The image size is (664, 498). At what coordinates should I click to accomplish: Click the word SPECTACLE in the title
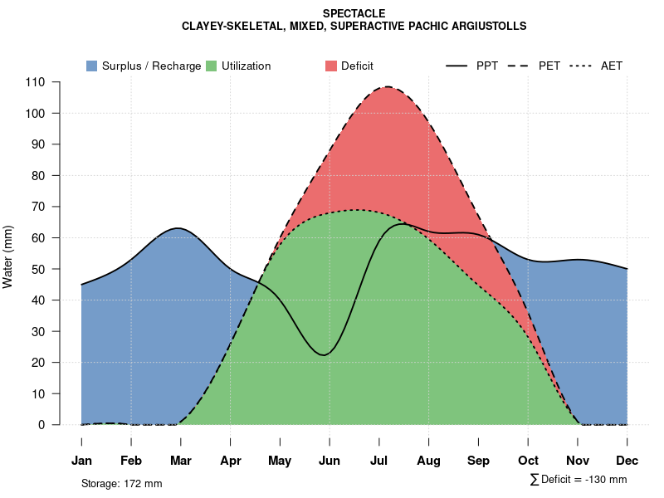[x=354, y=13]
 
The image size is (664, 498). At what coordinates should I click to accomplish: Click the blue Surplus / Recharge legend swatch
[x=91, y=66]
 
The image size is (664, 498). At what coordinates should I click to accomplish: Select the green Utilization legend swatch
[x=211, y=66]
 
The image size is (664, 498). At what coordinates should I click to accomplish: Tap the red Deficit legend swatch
[x=330, y=66]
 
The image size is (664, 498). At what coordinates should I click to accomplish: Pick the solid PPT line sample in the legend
[x=456, y=66]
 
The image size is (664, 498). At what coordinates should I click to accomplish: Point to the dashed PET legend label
[x=549, y=66]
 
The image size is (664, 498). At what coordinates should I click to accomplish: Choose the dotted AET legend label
[x=612, y=66]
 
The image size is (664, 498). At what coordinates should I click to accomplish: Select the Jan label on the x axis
[x=81, y=461]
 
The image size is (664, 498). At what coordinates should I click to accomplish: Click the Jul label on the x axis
[x=379, y=461]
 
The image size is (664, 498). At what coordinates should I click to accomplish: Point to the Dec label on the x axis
[x=627, y=461]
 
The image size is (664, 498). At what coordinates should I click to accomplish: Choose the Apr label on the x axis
[x=231, y=461]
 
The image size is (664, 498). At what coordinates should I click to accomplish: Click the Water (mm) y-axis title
[x=8, y=256]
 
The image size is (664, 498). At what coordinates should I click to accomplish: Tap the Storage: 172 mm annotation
[x=121, y=483]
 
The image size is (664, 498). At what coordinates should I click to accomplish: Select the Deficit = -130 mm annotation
[x=583, y=480]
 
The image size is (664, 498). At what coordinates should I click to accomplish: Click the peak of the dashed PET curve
[x=388, y=86]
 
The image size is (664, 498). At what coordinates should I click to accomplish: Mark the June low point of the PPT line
[x=325, y=355]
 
